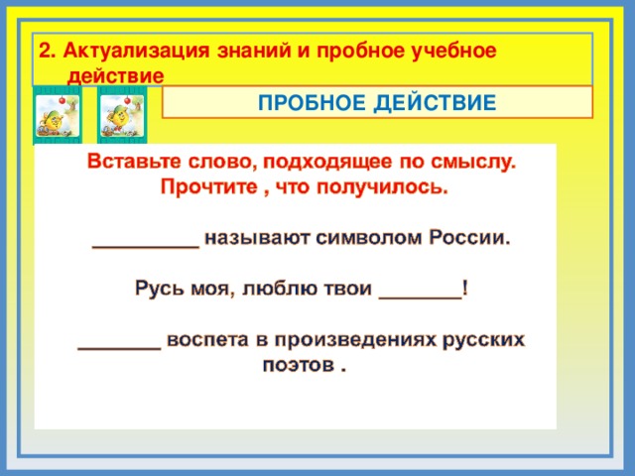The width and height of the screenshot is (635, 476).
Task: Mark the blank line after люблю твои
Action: (x=420, y=294)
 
